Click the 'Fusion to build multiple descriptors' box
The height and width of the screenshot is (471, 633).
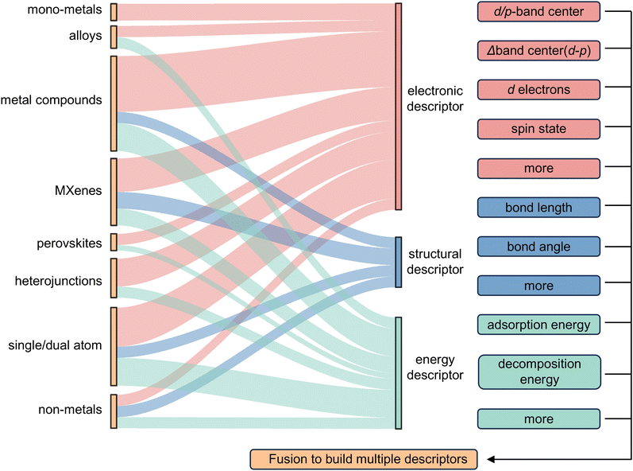tap(364, 460)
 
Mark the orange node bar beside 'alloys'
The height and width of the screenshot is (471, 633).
tap(114, 37)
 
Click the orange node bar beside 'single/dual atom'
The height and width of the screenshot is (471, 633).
tap(114, 346)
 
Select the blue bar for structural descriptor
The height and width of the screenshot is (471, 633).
tap(398, 262)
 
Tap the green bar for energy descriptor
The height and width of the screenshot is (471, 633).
tap(398, 372)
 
